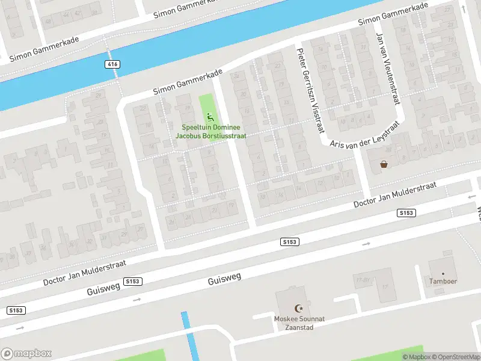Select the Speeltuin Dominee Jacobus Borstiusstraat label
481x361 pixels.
210,132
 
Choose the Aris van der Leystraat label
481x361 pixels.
364,135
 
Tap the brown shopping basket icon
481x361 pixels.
384,164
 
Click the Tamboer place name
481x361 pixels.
443,281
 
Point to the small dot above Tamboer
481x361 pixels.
443,273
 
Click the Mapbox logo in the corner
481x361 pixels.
26,353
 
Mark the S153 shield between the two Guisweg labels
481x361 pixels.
133,281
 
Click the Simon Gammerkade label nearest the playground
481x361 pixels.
188,82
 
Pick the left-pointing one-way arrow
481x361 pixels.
471,196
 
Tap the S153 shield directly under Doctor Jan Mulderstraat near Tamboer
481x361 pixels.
406,213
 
